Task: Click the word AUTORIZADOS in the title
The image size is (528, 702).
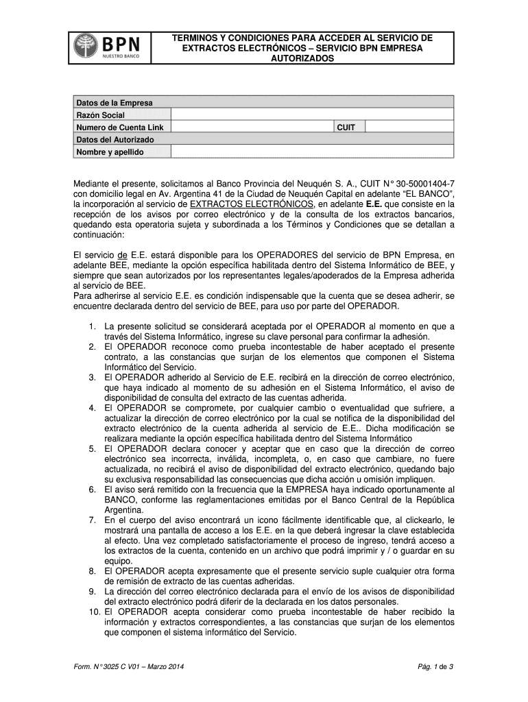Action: click(x=302, y=60)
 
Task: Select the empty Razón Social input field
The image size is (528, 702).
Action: click(x=312, y=114)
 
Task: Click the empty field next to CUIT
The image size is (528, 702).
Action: click(x=409, y=127)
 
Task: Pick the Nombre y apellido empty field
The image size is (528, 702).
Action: click(x=312, y=152)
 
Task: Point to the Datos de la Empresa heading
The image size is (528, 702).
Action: click(x=115, y=103)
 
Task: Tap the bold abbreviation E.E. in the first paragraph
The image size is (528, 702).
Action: click(x=374, y=204)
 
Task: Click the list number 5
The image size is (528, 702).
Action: click(x=91, y=449)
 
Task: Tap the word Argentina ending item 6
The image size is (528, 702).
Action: click(x=123, y=510)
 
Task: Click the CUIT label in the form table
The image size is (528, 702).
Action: click(x=346, y=127)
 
